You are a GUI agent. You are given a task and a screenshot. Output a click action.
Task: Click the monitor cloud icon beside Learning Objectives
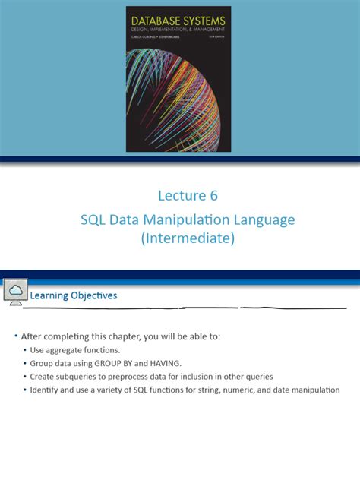pyautogui.click(x=15, y=292)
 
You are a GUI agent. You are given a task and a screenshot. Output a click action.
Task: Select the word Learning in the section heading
pyautogui.click(x=50, y=295)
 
